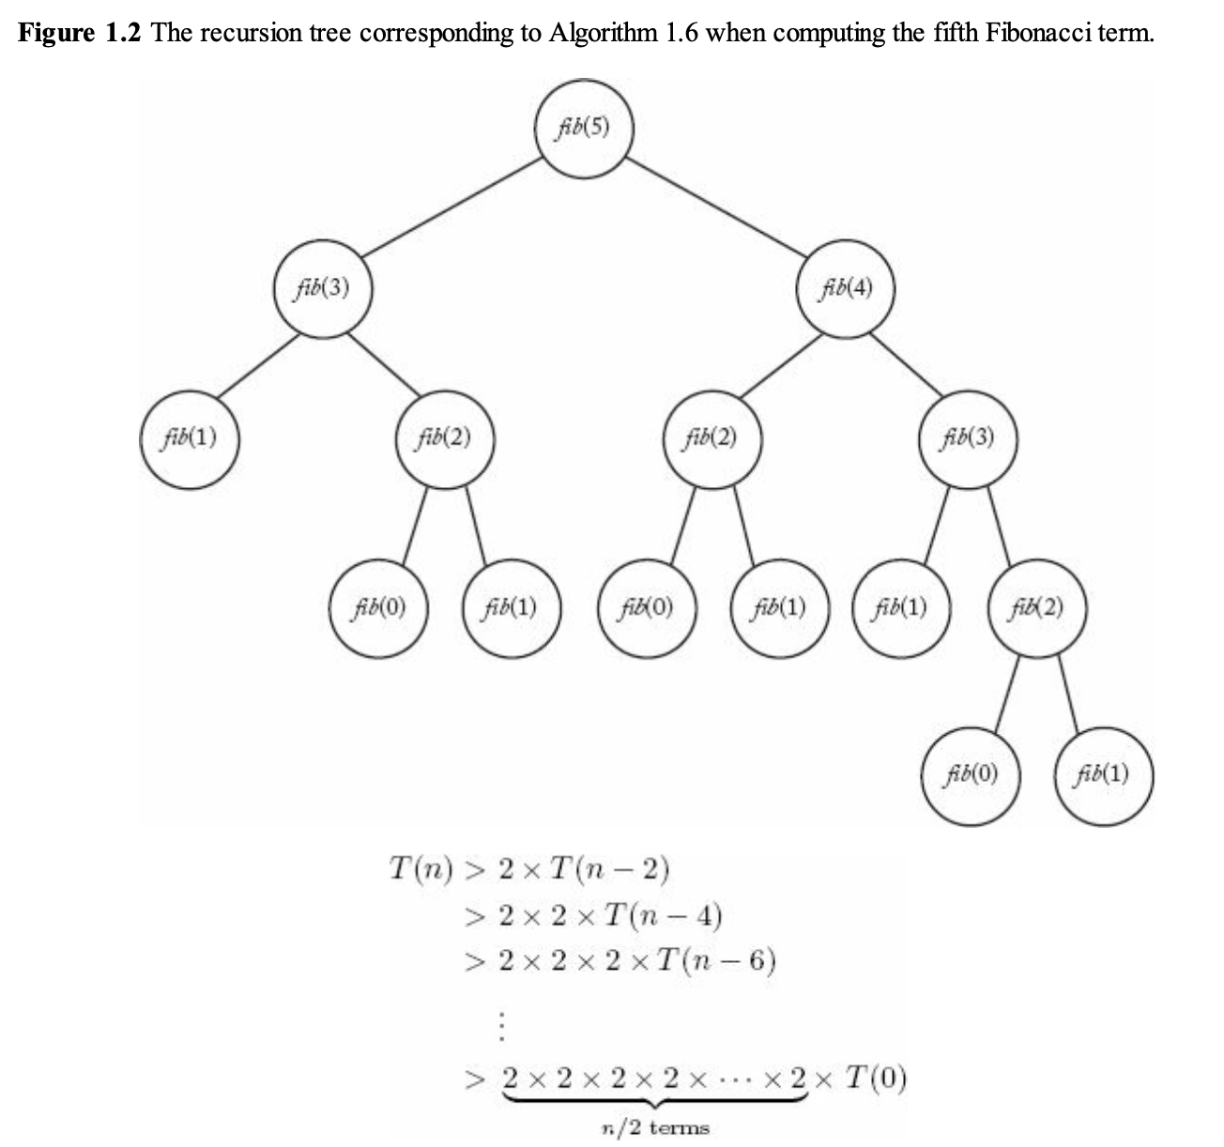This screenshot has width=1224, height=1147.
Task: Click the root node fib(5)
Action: [583, 130]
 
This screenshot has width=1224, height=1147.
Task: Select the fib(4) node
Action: [846, 288]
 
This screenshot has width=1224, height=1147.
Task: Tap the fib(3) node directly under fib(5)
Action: [321, 288]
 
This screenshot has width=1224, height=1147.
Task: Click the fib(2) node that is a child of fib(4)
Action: [711, 438]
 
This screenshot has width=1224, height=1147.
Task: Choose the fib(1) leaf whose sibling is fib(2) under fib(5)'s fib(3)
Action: [189, 438]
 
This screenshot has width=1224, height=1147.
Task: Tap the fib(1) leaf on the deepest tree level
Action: [1103, 774]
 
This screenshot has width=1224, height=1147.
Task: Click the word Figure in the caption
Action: [56, 34]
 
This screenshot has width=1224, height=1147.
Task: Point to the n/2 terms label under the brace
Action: [654, 1128]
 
